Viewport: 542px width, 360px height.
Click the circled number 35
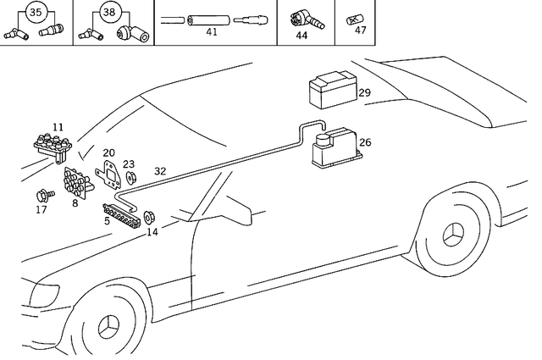tap(35, 13)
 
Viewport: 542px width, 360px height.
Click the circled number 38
tap(108, 13)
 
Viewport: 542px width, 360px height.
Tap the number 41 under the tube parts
tap(212, 32)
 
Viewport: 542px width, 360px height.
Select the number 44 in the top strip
tap(301, 36)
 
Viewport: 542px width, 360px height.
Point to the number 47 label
tap(361, 30)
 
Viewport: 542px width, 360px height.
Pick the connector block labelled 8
tap(77, 181)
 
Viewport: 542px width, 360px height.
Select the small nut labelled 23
tap(131, 178)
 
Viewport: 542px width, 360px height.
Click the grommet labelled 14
tap(149, 216)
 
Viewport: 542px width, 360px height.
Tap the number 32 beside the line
tap(160, 170)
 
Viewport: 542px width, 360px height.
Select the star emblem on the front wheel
tap(112, 331)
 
